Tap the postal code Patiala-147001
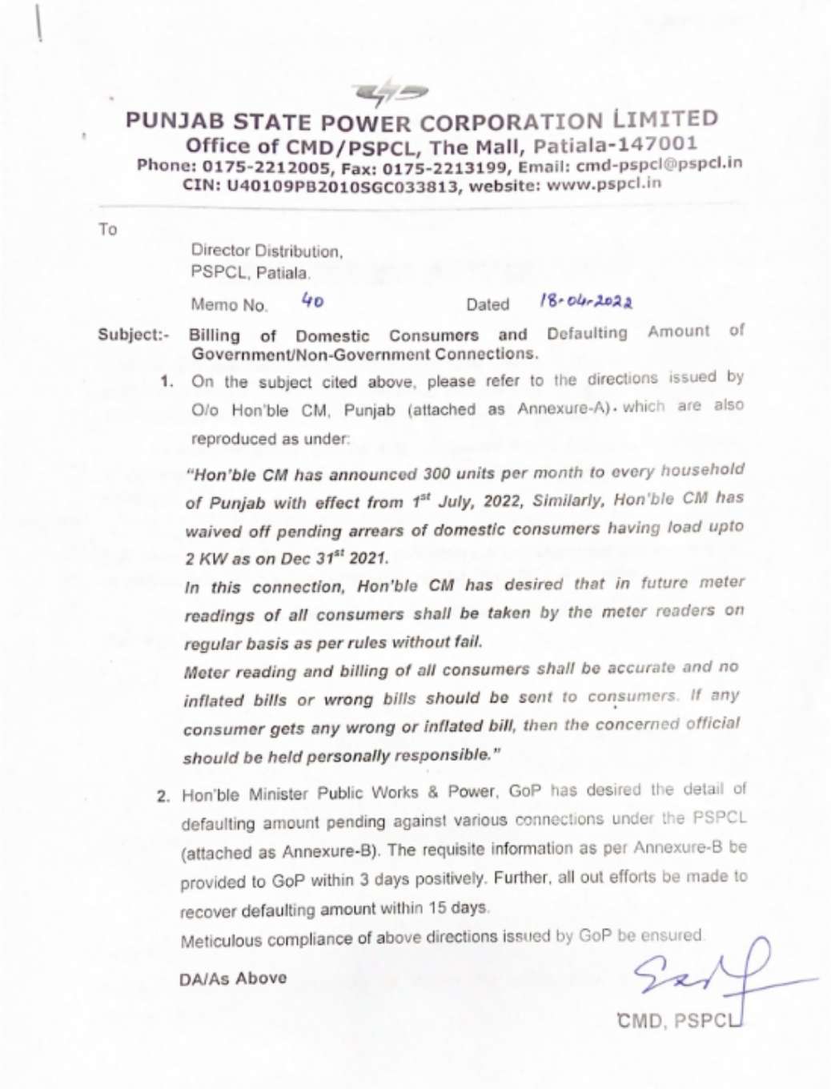pyautogui.click(x=615, y=145)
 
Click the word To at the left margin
pyautogui.click(x=107, y=230)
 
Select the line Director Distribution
pyautogui.click(x=267, y=251)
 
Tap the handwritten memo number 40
pyautogui.click(x=312, y=301)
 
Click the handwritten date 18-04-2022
pyautogui.click(x=586, y=302)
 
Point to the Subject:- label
pyautogui.click(x=133, y=335)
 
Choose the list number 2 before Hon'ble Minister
pyautogui.click(x=163, y=797)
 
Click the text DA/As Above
pyautogui.click(x=233, y=978)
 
